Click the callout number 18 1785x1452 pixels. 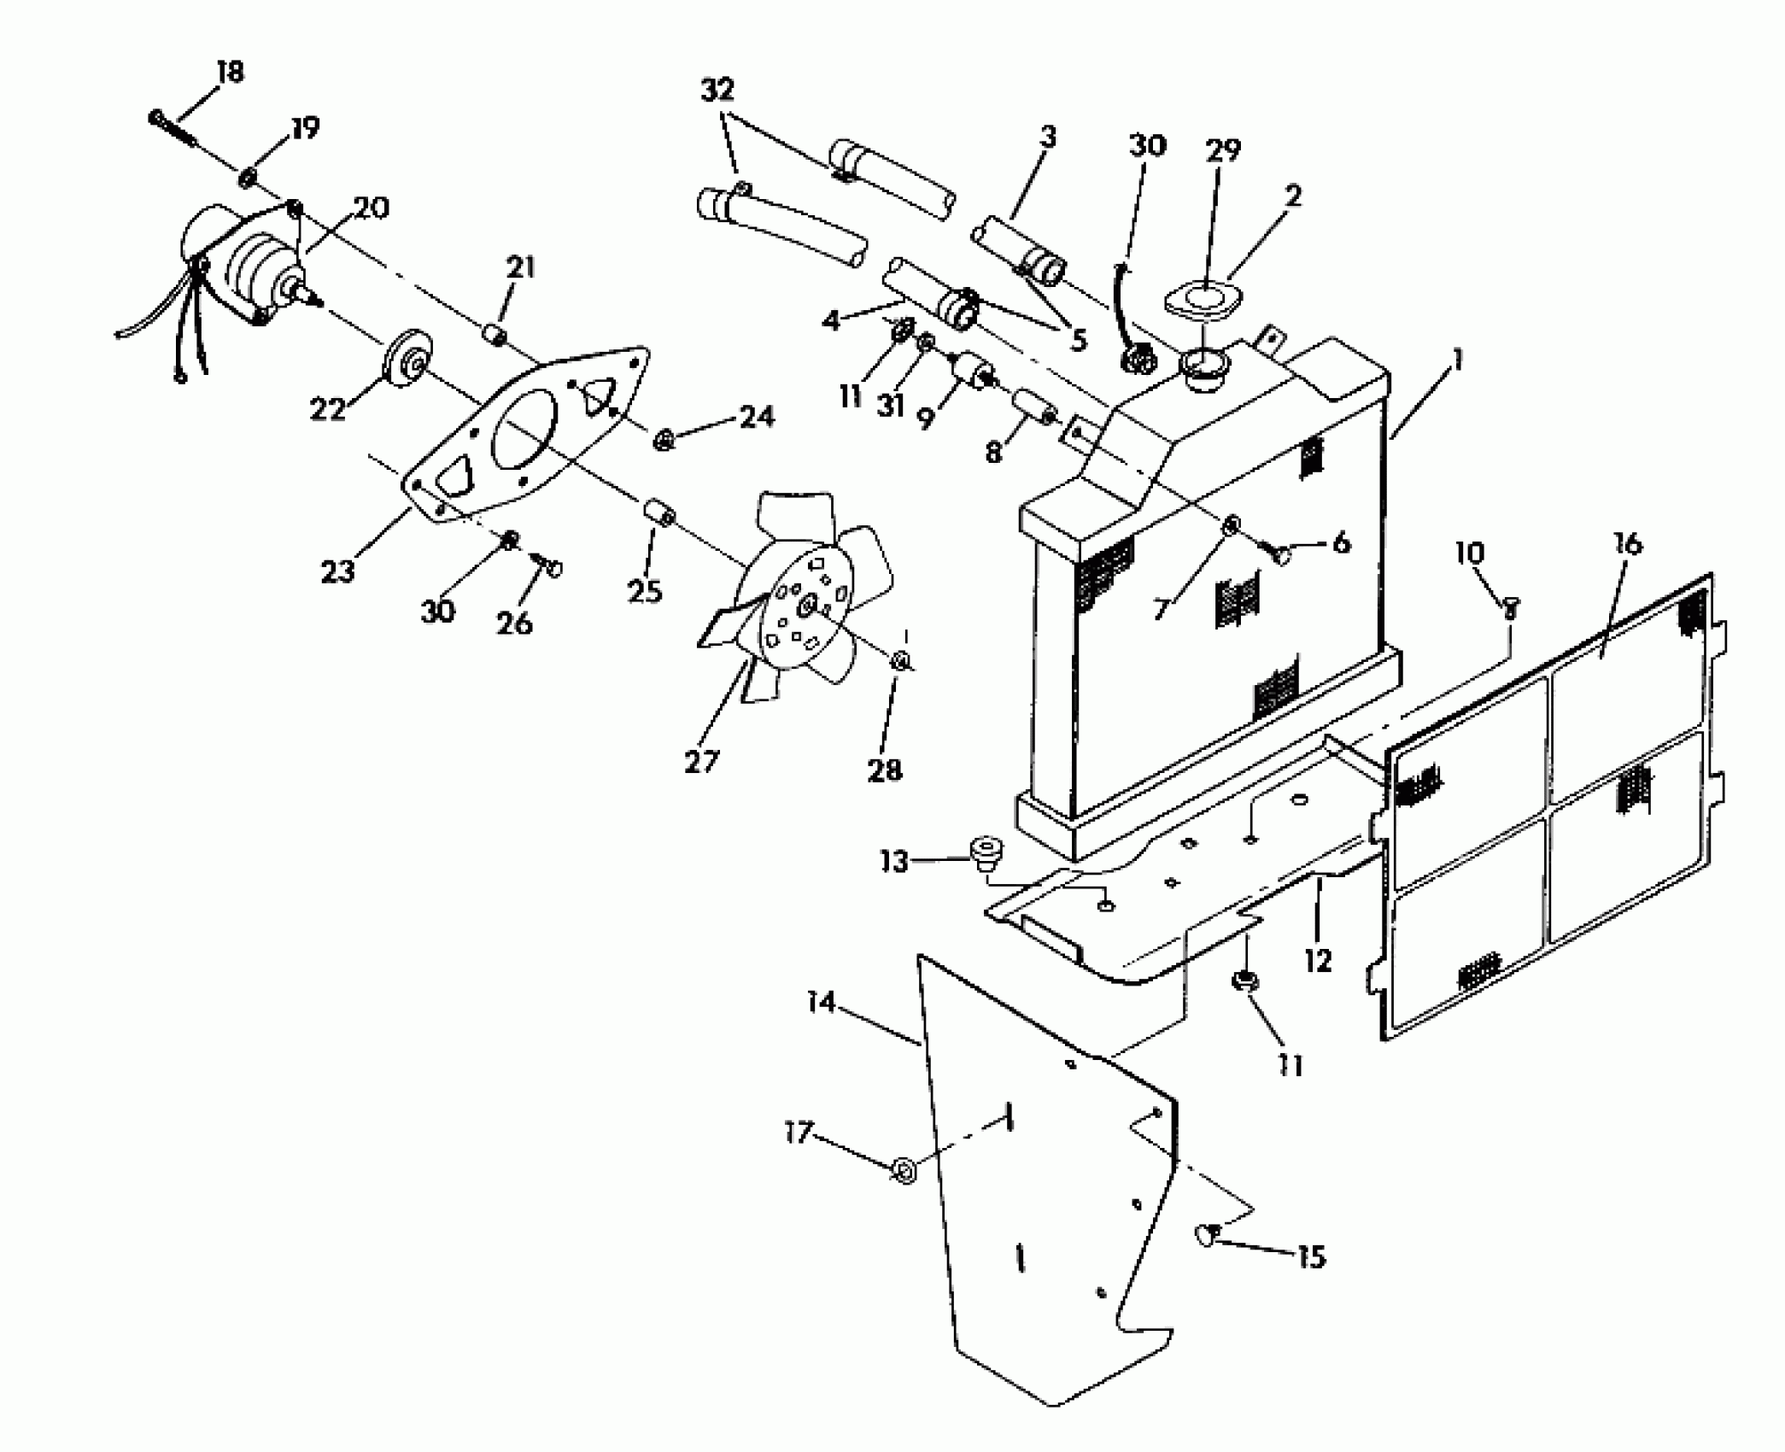coord(230,72)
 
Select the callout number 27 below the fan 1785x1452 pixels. coord(701,761)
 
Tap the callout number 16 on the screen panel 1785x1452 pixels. coord(1628,544)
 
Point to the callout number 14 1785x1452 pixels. coord(821,1001)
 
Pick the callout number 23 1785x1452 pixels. coord(337,571)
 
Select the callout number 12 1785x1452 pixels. coord(1318,961)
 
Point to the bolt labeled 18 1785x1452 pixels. coord(172,127)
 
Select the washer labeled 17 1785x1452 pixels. coord(904,1168)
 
